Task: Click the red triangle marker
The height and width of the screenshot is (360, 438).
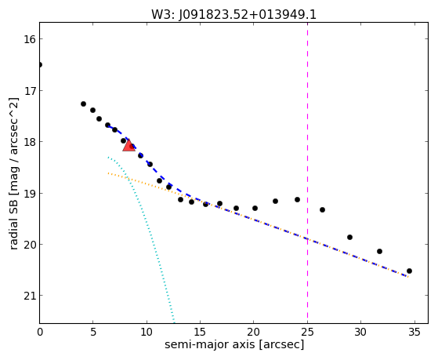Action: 129,145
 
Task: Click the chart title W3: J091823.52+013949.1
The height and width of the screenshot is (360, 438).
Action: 233,15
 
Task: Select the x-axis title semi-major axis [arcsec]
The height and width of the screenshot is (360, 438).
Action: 234,344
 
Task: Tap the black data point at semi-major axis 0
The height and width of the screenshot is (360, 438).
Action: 40,65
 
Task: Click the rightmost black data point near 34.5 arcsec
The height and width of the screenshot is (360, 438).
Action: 409,271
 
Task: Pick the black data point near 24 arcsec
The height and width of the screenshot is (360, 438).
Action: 297,199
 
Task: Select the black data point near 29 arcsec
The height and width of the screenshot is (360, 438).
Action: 349,237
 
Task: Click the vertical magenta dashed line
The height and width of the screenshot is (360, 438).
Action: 308,173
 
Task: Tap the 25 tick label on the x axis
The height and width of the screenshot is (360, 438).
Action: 307,333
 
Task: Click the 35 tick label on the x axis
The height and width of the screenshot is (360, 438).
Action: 414,333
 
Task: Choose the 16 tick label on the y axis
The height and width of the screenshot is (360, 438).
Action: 30,39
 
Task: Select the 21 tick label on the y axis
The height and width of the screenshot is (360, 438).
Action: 30,296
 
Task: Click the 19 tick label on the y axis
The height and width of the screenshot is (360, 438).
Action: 30,193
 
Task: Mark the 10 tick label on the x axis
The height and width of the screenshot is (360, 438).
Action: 147,333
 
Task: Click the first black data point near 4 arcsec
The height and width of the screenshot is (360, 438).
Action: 83,104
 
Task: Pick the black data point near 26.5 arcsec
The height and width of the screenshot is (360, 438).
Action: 322,209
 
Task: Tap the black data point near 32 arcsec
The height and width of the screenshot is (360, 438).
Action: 379,251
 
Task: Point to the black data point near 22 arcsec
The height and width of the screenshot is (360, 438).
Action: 275,201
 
